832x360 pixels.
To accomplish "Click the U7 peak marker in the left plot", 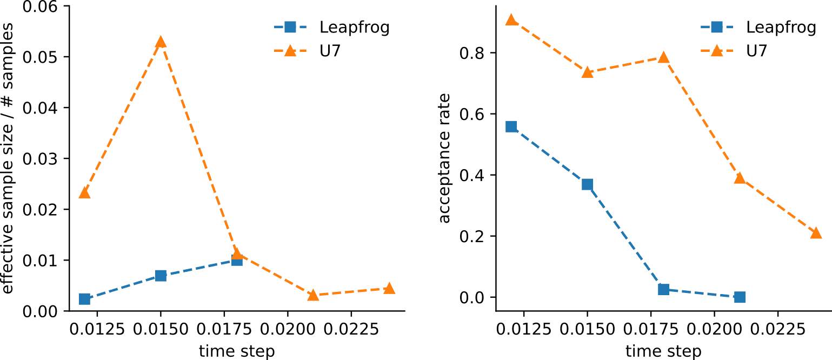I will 161,42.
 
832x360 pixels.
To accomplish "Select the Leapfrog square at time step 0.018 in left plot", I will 237,260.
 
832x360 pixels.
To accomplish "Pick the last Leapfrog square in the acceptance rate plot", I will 740,297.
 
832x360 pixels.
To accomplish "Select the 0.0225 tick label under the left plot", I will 351,329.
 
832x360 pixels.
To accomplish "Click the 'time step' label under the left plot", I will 237,351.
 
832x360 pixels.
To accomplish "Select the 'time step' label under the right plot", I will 663,351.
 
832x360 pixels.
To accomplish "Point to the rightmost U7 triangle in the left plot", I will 389,289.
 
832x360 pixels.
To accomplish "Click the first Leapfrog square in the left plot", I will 84,299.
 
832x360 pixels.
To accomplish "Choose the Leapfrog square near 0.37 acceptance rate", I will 587,184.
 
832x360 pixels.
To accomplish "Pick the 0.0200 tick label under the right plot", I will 714,329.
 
